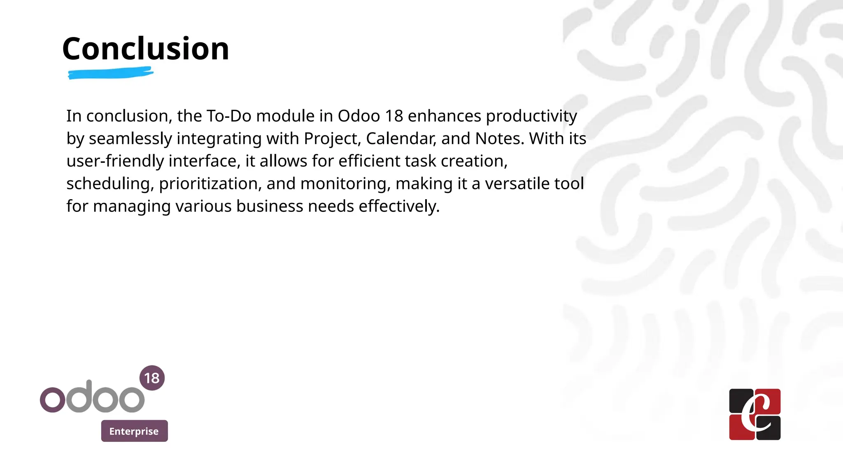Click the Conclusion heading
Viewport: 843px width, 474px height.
coord(146,49)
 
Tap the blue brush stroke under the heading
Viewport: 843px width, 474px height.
coord(110,74)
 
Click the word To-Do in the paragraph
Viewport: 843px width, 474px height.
coord(229,116)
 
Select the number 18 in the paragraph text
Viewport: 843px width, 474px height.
coord(394,116)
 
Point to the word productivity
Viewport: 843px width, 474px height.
coord(531,116)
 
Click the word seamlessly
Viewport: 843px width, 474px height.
coord(130,139)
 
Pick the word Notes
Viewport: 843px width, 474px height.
coord(500,139)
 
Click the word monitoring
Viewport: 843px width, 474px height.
coord(345,184)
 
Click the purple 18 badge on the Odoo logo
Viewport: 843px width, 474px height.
coord(152,378)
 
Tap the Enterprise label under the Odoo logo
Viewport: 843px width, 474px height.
coord(134,431)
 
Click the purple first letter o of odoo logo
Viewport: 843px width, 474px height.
coord(52,399)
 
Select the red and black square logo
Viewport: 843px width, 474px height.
coord(755,414)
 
